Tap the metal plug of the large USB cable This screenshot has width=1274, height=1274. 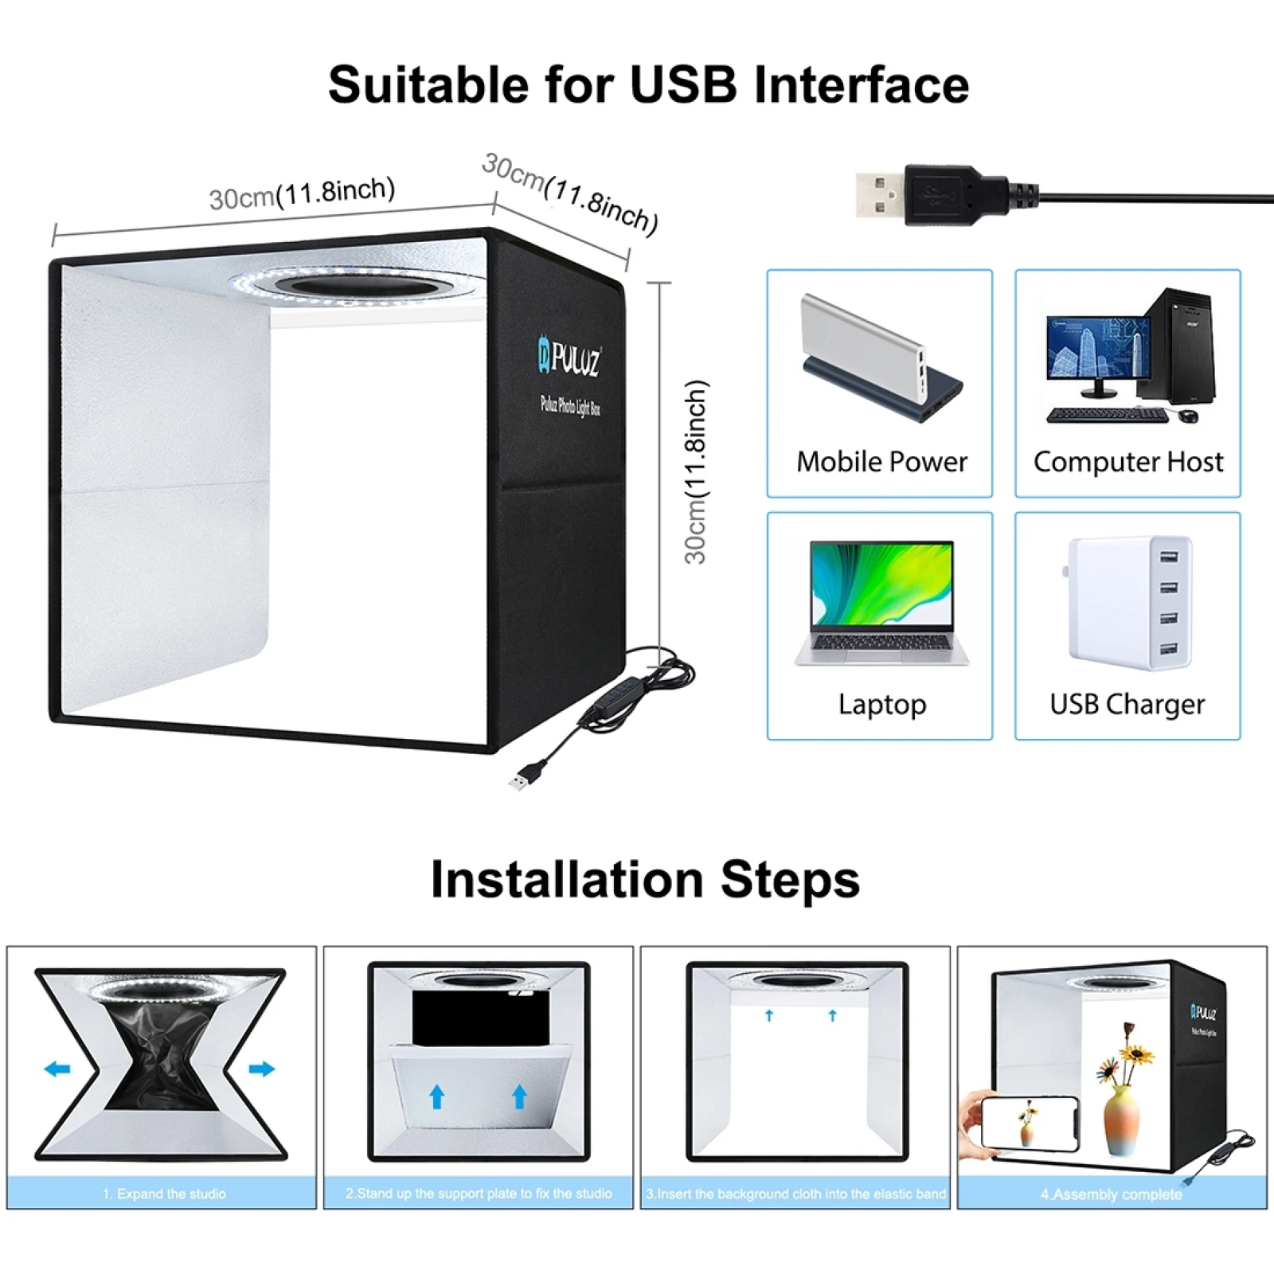tap(879, 194)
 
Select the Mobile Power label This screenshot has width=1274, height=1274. tap(881, 462)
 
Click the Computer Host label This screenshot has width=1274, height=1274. tap(1127, 462)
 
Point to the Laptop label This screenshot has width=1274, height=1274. tap(881, 704)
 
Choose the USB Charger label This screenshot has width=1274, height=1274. tap(1127, 704)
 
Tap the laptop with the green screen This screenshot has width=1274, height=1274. tap(881, 597)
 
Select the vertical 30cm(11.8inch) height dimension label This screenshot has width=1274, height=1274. tap(696, 471)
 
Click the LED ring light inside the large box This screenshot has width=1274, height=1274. tap(357, 285)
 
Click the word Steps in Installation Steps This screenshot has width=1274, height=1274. tap(790, 880)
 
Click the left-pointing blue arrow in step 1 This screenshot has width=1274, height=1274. tap(57, 1069)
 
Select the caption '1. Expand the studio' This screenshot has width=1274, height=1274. tap(164, 1194)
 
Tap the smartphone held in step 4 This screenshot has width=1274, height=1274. tap(1029, 1123)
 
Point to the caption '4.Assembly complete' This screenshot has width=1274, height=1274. tap(1111, 1194)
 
